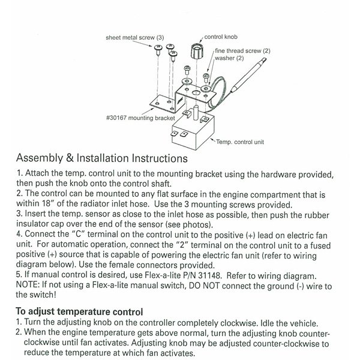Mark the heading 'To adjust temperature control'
click(79, 312)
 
